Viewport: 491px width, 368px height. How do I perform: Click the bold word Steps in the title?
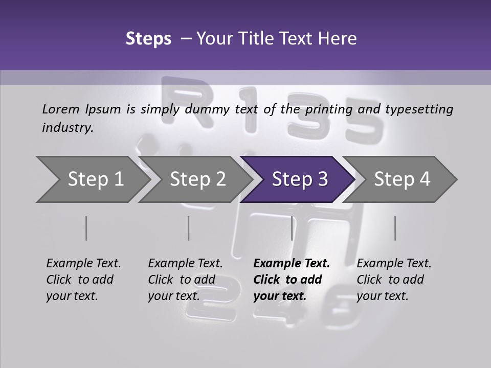click(148, 39)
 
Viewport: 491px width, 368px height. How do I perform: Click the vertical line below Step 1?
click(86, 228)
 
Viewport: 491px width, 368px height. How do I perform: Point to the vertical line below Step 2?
click(188, 228)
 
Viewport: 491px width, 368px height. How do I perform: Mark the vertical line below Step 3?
click(292, 228)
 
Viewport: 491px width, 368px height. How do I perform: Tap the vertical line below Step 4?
click(395, 228)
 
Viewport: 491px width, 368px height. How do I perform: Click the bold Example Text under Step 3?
click(292, 264)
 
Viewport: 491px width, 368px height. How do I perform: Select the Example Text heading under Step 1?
click(83, 264)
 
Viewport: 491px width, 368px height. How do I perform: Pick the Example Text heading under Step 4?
click(394, 264)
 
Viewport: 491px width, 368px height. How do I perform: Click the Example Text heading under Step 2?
click(185, 264)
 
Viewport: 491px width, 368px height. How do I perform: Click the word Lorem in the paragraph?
click(61, 109)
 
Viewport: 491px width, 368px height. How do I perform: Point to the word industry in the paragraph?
click(67, 128)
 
